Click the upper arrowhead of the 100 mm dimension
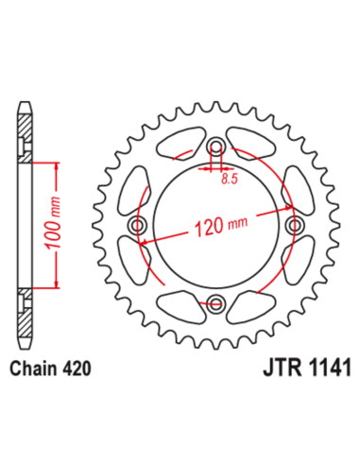[60, 167]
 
